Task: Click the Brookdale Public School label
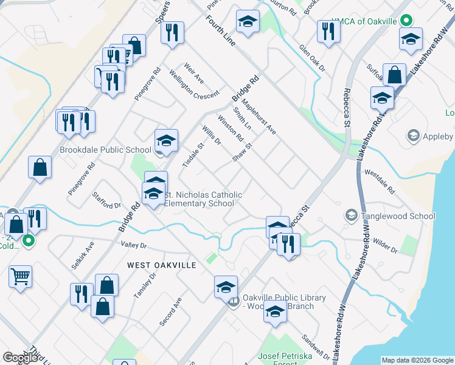coord(105,150)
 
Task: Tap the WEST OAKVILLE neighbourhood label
coord(162,265)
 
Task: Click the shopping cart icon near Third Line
coord(20,276)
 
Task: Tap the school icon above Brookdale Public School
coord(166,141)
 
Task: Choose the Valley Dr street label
coord(134,245)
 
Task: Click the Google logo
coord(19,358)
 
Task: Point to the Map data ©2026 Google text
coord(417,360)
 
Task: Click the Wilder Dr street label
coord(385,246)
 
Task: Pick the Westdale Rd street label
coord(380,180)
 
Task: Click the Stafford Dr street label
coord(107,200)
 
